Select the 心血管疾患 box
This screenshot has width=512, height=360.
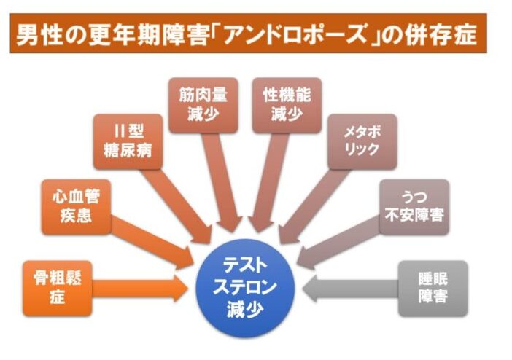pyautogui.click(x=76, y=208)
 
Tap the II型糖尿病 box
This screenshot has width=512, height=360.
pyautogui.click(x=128, y=141)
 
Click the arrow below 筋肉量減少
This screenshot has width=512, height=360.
pyautogui.click(x=219, y=179)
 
